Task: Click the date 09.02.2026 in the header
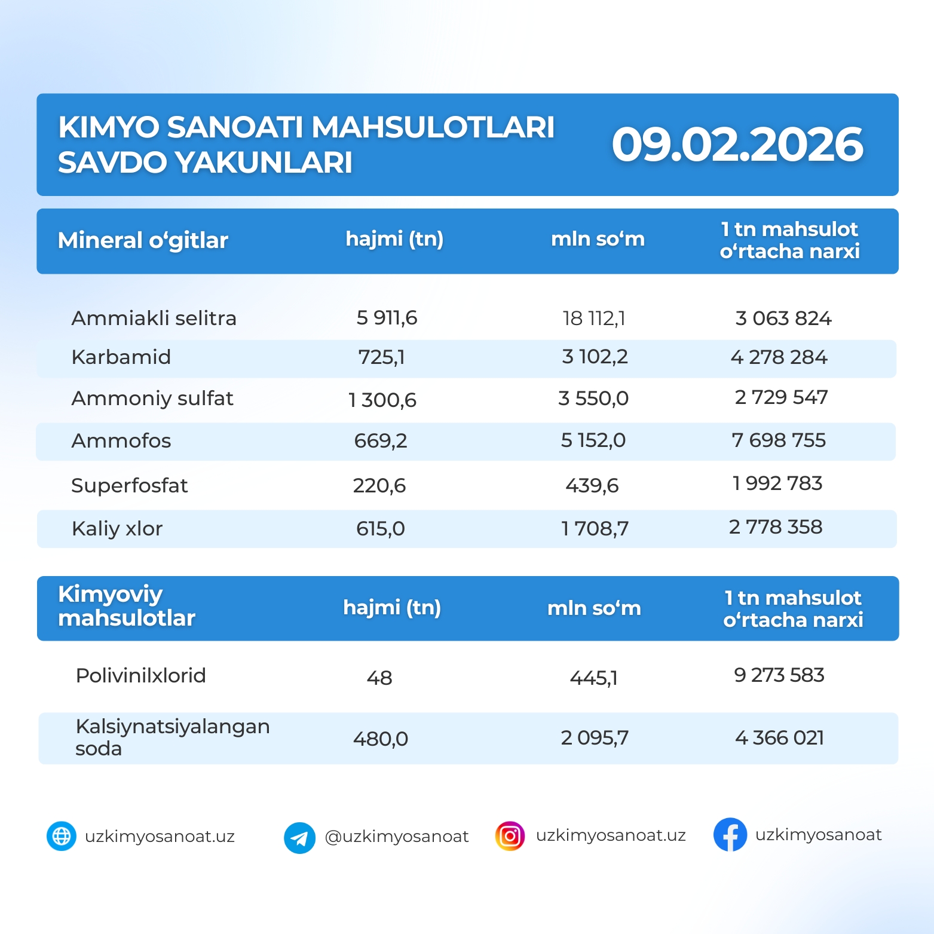click(x=737, y=145)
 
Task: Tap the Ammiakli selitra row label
click(x=154, y=318)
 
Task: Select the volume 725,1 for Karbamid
click(x=381, y=357)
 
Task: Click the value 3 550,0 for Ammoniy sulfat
click(x=593, y=398)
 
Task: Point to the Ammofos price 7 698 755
click(x=779, y=440)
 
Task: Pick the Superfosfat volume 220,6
click(x=379, y=485)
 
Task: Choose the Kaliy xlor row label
click(x=117, y=528)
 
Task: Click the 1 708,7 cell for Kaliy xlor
click(x=595, y=528)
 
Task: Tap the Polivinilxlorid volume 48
click(x=379, y=678)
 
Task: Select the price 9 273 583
click(x=779, y=675)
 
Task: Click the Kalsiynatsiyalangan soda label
click(x=172, y=737)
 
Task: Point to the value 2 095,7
click(x=595, y=738)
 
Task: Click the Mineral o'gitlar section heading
click(x=143, y=240)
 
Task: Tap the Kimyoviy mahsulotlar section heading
click(x=127, y=606)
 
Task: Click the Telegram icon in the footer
click(x=299, y=838)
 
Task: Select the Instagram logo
click(x=510, y=836)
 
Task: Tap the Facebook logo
click(x=730, y=835)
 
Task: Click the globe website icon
click(x=62, y=836)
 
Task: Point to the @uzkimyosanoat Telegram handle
click(x=396, y=837)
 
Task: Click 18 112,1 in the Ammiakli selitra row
click(x=594, y=319)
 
